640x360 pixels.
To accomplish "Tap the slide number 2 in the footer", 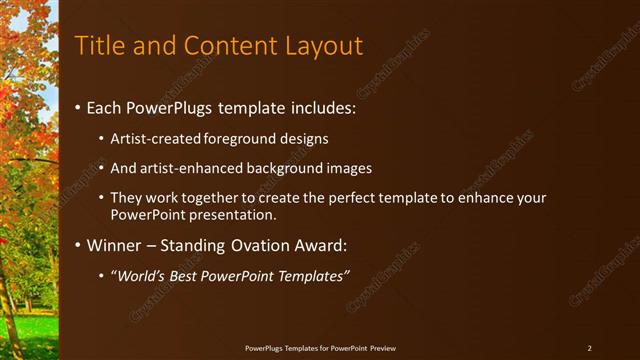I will (x=589, y=348).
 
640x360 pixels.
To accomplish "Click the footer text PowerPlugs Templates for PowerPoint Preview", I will (x=321, y=348).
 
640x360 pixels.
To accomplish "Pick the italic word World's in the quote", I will (x=140, y=275).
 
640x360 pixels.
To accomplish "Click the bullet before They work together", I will (x=102, y=198).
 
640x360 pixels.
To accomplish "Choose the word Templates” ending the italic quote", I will (x=316, y=275).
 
